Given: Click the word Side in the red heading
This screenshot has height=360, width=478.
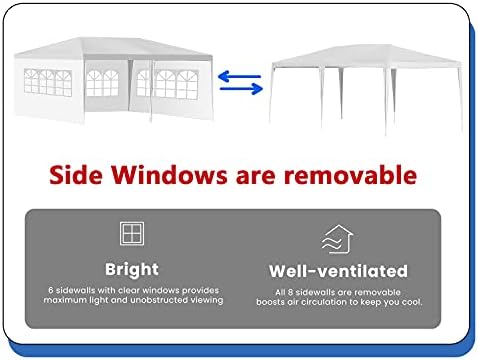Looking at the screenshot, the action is [75, 175].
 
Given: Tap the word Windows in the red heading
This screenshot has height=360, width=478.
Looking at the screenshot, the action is [169, 175].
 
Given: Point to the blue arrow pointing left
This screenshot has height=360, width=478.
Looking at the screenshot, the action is [239, 76].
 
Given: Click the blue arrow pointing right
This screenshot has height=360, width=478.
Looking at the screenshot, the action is [241, 89].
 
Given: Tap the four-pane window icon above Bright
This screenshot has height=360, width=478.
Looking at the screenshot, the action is [132, 233].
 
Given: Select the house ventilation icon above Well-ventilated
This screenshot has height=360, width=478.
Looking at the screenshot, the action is [337, 239].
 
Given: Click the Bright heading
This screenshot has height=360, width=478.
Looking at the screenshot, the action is [132, 269].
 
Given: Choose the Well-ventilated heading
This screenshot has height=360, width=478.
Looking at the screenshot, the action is [338, 271].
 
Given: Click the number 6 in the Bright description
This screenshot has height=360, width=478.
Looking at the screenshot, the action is [51, 290].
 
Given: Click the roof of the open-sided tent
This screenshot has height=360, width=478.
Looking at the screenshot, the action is [366, 56].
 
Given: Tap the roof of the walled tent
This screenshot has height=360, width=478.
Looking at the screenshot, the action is [113, 47].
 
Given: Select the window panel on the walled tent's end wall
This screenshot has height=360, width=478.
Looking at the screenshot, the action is [48, 82].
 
